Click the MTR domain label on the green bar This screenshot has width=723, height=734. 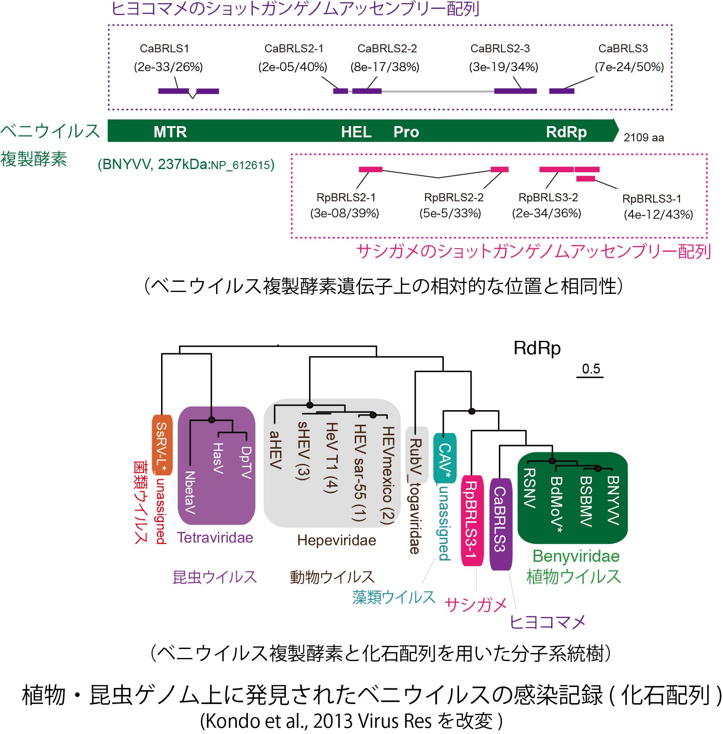[x=170, y=132]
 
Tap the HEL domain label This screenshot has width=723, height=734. [x=356, y=132]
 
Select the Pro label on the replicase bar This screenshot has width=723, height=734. [x=406, y=132]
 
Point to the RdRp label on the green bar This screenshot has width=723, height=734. [x=566, y=132]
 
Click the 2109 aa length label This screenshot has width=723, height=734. [x=644, y=137]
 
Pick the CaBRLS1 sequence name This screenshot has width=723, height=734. [x=164, y=48]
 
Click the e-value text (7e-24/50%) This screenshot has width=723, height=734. [x=629, y=67]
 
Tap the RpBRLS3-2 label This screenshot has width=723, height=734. [x=548, y=197]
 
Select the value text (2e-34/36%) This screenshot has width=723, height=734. [x=546, y=213]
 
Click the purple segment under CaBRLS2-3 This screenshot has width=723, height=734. [x=515, y=91]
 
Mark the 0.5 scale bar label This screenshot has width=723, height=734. [x=591, y=369]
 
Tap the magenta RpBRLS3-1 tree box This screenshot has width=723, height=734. [x=472, y=521]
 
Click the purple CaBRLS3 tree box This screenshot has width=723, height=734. [x=500, y=524]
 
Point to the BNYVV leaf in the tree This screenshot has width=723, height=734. [x=613, y=500]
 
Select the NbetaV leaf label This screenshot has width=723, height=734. [x=190, y=492]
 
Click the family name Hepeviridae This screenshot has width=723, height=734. [x=336, y=540]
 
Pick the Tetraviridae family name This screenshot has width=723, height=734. [x=215, y=537]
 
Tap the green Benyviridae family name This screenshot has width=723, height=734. [x=576, y=556]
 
